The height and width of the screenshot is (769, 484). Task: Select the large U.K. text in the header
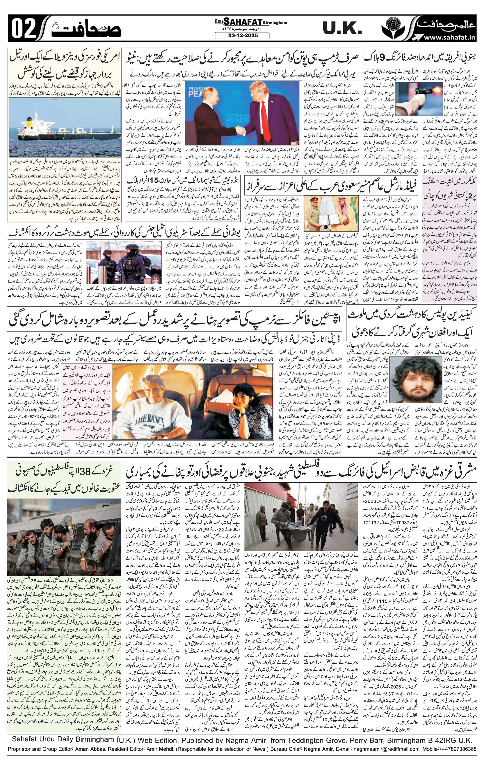[342, 29]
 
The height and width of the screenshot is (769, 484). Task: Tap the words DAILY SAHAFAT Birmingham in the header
[251, 22]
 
